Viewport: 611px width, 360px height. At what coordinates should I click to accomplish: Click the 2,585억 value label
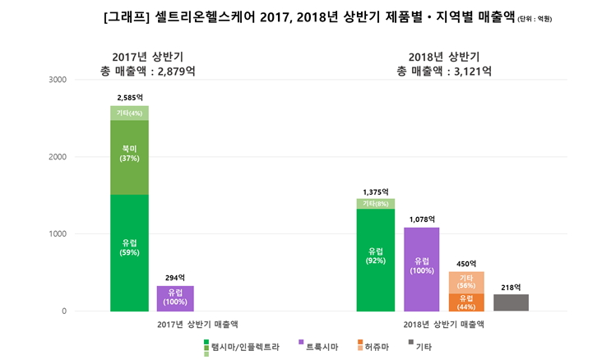tap(129, 98)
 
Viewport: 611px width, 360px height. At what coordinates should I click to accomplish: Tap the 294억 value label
tap(175, 278)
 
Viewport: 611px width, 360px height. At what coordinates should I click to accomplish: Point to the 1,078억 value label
tap(421, 219)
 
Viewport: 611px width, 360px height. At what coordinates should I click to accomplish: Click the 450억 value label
tap(466, 264)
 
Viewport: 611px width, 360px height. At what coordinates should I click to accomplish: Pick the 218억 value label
tap(511, 287)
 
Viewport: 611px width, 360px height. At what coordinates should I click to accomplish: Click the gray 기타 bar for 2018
tap(511, 302)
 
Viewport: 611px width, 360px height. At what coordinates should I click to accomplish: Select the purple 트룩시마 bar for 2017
tap(175, 298)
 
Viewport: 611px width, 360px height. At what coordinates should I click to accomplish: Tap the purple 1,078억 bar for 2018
tap(421, 270)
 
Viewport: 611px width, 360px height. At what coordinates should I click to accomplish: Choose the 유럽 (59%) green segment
tap(129, 252)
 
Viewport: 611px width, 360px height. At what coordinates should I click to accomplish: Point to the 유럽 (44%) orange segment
tap(466, 302)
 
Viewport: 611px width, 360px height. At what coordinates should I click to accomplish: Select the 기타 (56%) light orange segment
tap(466, 282)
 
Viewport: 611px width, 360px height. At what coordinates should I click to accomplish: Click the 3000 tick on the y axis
tap(57, 80)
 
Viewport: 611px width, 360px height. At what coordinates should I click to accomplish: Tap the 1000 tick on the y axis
tap(57, 234)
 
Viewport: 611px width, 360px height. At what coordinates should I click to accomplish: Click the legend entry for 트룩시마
tap(321, 348)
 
